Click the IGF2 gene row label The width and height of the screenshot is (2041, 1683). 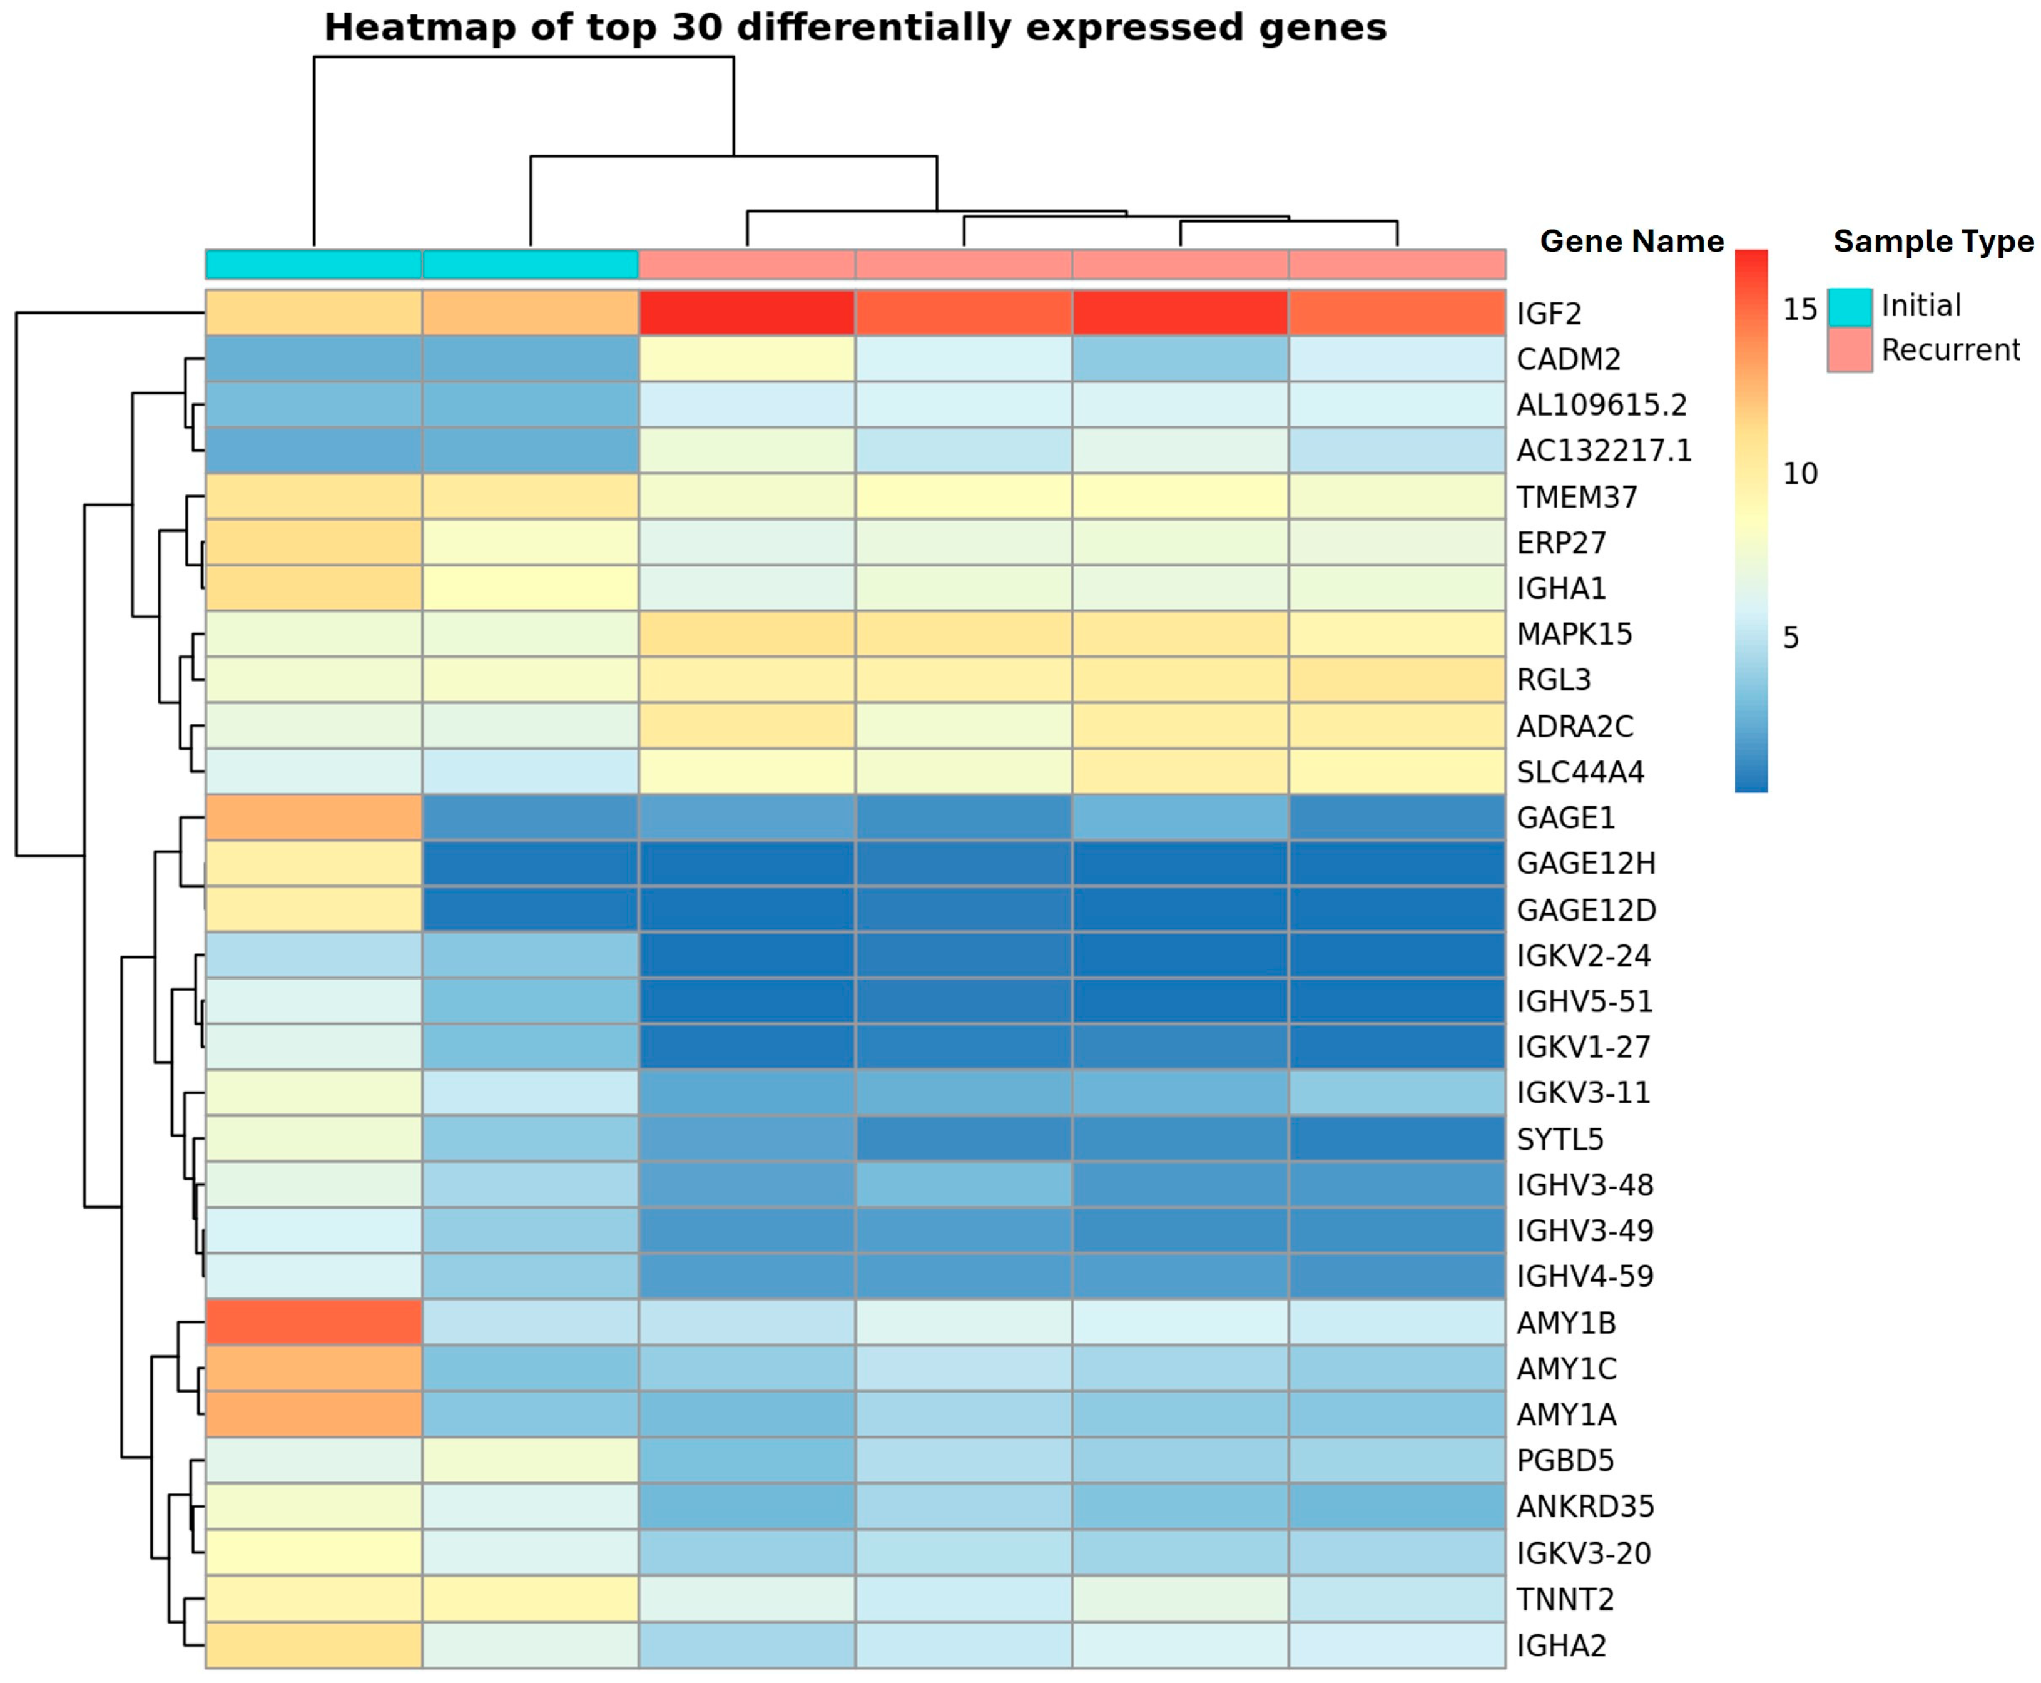coord(1548,313)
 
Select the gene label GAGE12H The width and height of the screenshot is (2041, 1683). coord(1585,863)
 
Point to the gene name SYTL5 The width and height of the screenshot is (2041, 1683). coord(1559,1139)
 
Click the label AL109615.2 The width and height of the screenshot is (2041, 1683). coord(1601,404)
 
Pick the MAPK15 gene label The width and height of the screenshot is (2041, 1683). coord(1574,634)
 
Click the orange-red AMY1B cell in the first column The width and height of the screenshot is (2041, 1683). coord(313,1322)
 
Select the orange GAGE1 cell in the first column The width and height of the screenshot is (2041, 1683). coord(313,817)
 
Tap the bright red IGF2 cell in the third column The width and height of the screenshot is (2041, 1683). coord(746,313)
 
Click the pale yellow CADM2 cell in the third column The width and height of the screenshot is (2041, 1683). coord(746,359)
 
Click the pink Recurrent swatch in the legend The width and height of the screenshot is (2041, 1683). coord(1848,350)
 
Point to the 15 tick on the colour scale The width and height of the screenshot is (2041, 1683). coord(1799,309)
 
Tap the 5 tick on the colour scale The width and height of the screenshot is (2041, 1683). coord(1791,637)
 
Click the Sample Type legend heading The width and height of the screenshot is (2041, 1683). coord(1933,242)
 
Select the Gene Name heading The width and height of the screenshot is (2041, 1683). coord(1631,242)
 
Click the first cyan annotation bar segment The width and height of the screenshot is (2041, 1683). coord(313,263)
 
